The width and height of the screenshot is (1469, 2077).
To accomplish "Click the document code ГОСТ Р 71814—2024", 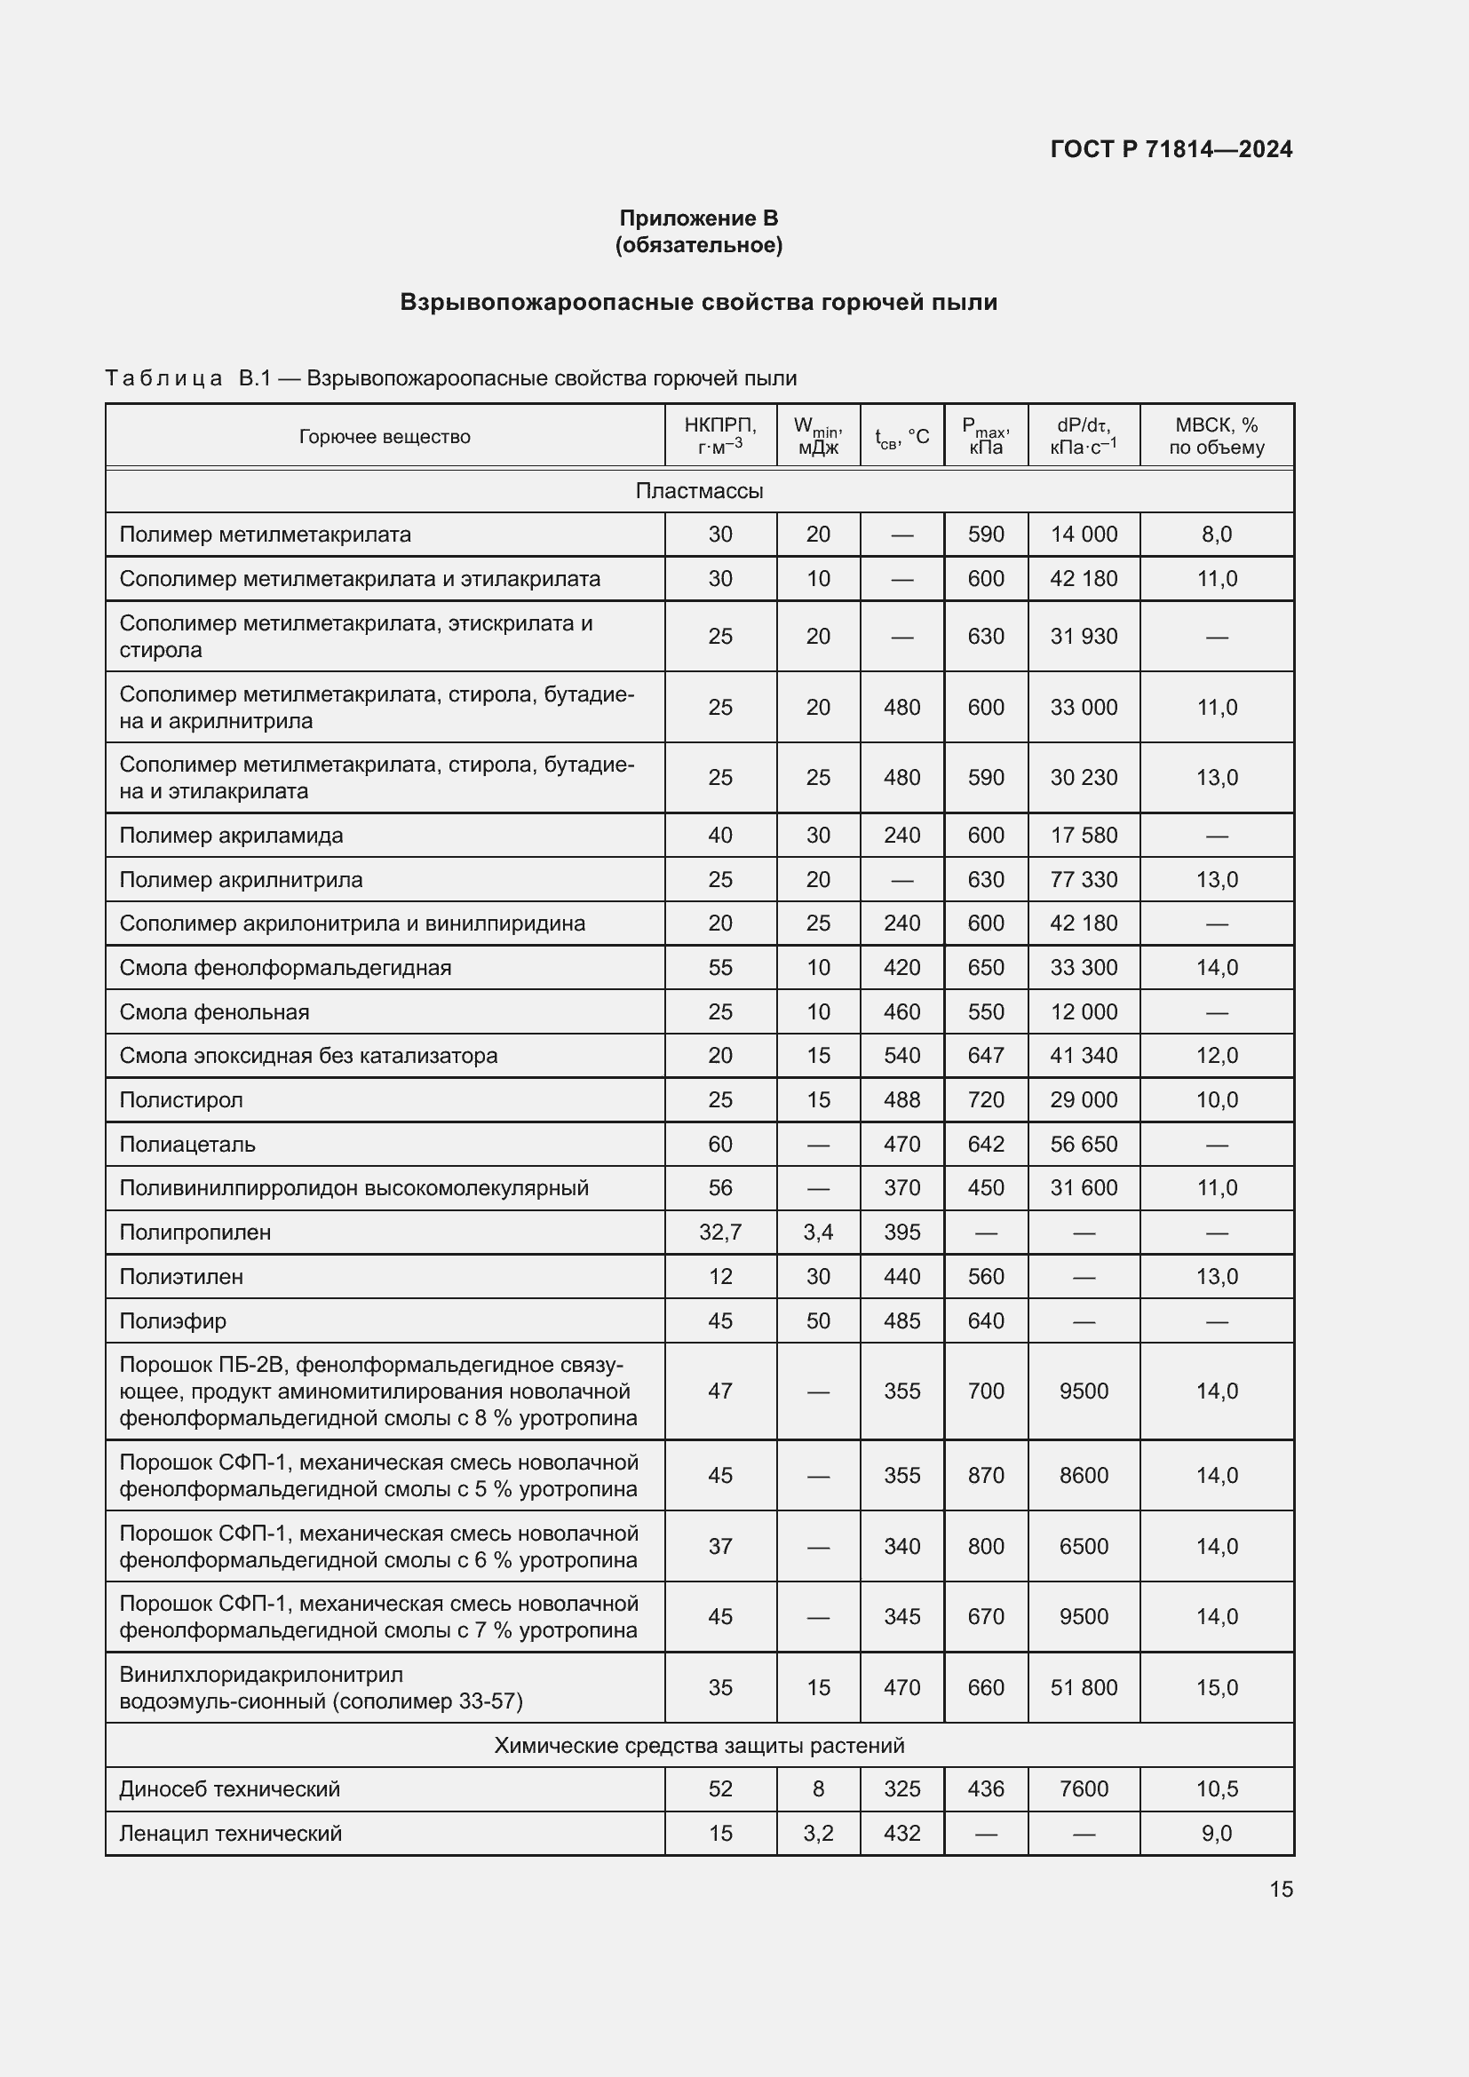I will pyautogui.click(x=1171, y=149).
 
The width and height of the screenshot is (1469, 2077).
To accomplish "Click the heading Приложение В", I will pyautogui.click(x=698, y=218).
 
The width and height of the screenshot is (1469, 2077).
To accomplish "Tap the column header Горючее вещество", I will pyautogui.click(x=385, y=436).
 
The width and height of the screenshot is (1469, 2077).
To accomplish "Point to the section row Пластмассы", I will pyautogui.click(x=698, y=490).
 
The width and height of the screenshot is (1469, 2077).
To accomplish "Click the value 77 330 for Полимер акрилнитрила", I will pyautogui.click(x=1083, y=879).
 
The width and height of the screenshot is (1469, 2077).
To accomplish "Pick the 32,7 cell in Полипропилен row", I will pyautogui.click(x=720, y=1233).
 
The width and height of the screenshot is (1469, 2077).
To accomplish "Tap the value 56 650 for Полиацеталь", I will pyautogui.click(x=1083, y=1145).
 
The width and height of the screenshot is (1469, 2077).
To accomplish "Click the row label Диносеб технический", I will pyautogui.click(x=230, y=1788).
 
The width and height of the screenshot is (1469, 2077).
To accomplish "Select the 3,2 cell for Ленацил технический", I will pyautogui.click(x=818, y=1833).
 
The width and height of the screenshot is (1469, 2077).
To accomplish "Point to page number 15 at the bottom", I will pyautogui.click(x=1280, y=1889).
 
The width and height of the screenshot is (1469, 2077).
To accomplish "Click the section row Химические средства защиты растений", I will pyautogui.click(x=698, y=1745).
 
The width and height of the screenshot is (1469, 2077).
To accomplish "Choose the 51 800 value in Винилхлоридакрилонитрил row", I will pyautogui.click(x=1083, y=1687).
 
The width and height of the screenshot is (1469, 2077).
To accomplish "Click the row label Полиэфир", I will pyautogui.click(x=173, y=1320).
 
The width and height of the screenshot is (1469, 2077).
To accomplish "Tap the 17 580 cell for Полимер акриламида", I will pyautogui.click(x=1083, y=835).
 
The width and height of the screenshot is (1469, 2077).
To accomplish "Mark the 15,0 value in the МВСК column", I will pyautogui.click(x=1216, y=1687).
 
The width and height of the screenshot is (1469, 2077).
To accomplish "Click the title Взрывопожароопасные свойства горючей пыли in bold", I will pyautogui.click(x=698, y=302).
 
